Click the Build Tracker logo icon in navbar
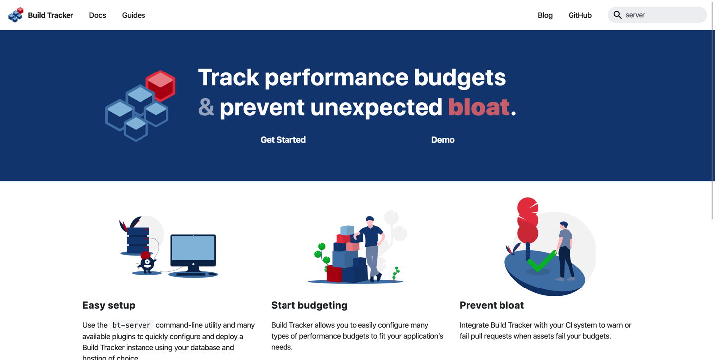(x=16, y=15)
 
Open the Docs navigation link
(x=97, y=15)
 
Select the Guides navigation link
(x=134, y=15)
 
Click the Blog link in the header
(x=545, y=15)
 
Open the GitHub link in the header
(x=580, y=15)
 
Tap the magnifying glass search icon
(x=617, y=15)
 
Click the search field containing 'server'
(x=663, y=15)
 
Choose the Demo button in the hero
(x=442, y=140)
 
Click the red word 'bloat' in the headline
(x=479, y=107)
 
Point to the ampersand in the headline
(x=206, y=107)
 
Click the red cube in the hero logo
(x=160, y=85)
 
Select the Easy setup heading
(x=109, y=305)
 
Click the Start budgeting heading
(x=309, y=305)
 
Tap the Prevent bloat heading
(x=492, y=305)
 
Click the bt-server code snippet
(x=132, y=325)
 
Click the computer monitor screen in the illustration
(x=193, y=248)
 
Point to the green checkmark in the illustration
(x=541, y=261)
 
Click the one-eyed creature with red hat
(x=147, y=263)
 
